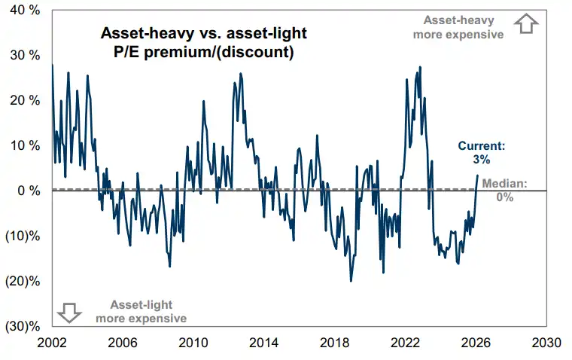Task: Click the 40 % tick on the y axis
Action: (25, 11)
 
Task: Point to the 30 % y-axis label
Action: (25, 56)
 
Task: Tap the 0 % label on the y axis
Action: (29, 191)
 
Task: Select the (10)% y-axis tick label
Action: (23, 236)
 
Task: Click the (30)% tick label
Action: (23, 326)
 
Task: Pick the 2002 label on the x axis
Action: (52, 343)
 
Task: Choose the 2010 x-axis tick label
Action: (193, 343)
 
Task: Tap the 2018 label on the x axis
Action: (334, 343)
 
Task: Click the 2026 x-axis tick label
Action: (476, 343)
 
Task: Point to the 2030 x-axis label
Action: (546, 343)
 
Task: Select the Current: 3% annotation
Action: (482, 153)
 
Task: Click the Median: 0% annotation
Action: (504, 191)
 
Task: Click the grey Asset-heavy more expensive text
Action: (458, 27)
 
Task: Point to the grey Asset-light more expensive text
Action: (141, 312)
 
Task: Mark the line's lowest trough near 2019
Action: (351, 281)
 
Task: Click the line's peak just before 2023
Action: (420, 67)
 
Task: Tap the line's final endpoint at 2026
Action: (477, 175)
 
